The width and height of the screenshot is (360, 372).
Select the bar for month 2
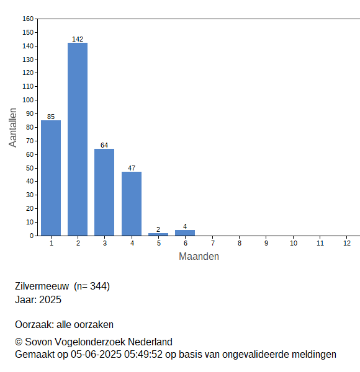pos(78,139)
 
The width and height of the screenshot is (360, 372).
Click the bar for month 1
pos(51,178)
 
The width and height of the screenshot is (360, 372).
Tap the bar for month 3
pos(104,192)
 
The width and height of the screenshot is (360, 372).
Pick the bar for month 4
pos(132,203)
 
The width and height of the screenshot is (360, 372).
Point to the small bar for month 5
pos(158,234)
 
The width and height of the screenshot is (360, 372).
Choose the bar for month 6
pos(185,232)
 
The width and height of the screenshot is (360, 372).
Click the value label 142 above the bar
pos(78,39)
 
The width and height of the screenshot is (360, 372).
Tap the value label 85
pos(51,117)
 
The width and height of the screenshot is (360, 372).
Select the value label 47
pos(132,168)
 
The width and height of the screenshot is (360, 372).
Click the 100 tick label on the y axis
pos(28,100)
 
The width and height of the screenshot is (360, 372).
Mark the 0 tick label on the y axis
pos(32,236)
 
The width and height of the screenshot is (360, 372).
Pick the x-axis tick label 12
pos(347,243)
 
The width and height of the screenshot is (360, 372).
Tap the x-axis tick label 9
pos(266,243)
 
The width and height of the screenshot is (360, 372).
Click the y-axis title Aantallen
pos(13,128)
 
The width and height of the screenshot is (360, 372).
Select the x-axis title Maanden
pos(199,257)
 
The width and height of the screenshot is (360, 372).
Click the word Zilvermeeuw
pos(42,286)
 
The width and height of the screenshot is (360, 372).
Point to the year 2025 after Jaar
pos(50,299)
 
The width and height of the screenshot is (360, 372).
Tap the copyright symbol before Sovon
pos(19,342)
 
